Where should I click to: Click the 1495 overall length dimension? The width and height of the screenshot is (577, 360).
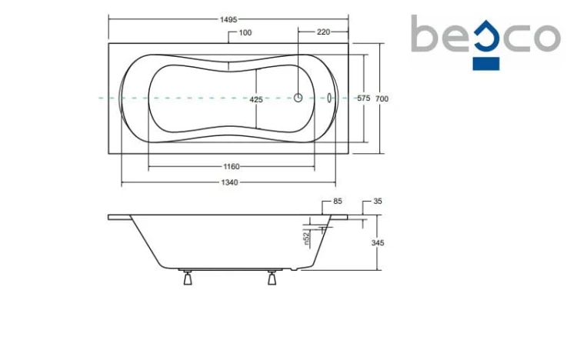[x=228, y=19]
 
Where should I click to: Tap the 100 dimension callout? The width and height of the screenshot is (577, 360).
[x=245, y=33]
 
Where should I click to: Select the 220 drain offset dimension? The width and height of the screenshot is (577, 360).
[x=323, y=32]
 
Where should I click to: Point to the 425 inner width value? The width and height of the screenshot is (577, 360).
[x=256, y=99]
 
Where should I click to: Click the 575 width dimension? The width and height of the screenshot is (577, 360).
[x=364, y=98]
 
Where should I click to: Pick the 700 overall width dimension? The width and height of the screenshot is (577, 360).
[x=382, y=98]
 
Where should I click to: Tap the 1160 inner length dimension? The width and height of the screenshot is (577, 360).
[x=232, y=167]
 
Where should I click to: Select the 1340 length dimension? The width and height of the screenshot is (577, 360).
[x=229, y=182]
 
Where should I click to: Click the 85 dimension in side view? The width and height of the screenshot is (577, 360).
[x=338, y=201]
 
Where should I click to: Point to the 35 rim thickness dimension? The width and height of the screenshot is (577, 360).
[x=378, y=201]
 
